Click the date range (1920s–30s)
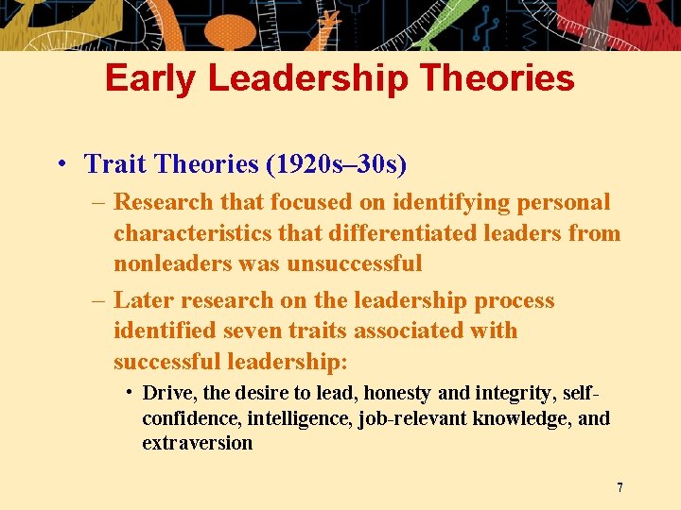[x=336, y=164]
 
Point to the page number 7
[x=620, y=488]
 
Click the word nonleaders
[x=170, y=263]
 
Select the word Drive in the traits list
[x=166, y=394]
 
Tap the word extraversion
[x=197, y=443]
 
